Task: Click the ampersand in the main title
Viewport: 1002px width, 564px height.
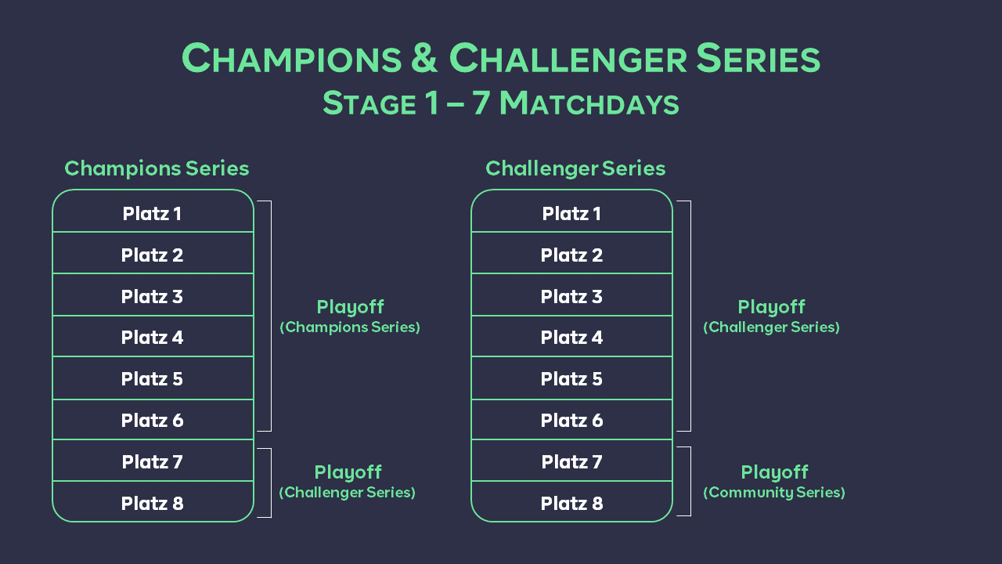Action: click(424, 57)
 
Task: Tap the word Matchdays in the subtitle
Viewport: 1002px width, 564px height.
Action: click(589, 103)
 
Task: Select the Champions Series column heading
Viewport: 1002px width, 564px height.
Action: click(157, 168)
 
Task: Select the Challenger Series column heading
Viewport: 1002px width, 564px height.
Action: click(575, 168)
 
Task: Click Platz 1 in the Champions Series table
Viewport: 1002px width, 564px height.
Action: click(152, 214)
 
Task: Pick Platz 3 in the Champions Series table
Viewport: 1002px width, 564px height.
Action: click(152, 297)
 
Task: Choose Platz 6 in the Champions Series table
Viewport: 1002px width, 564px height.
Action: click(152, 421)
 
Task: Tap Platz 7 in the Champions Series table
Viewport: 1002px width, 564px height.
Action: click(152, 462)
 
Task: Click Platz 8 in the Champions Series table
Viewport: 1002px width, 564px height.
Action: click(152, 504)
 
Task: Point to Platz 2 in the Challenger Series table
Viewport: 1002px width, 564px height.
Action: click(571, 255)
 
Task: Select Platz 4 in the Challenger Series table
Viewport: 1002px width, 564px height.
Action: click(571, 338)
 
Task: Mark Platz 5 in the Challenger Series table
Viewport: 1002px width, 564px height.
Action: click(571, 379)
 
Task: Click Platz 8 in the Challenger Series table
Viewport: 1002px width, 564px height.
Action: click(571, 504)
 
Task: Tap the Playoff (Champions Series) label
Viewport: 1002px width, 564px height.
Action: click(350, 316)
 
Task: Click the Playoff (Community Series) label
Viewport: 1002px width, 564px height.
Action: click(774, 482)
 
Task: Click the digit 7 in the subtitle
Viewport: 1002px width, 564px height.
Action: click(481, 103)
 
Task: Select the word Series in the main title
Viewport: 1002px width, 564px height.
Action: click(759, 57)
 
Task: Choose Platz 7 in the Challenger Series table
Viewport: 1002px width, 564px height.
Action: click(571, 462)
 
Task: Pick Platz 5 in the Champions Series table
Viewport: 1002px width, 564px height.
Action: click(152, 379)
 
